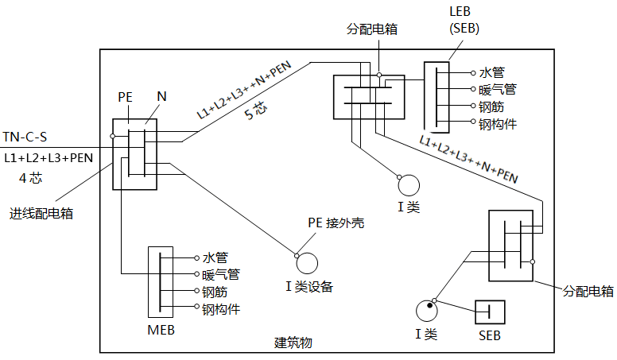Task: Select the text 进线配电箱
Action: click(x=41, y=213)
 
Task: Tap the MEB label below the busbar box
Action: click(x=161, y=329)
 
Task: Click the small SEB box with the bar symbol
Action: click(x=490, y=312)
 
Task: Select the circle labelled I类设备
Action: click(x=307, y=262)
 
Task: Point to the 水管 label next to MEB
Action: click(x=215, y=257)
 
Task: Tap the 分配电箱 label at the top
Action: click(x=372, y=29)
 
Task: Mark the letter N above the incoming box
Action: click(x=161, y=96)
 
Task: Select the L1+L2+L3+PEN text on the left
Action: click(x=49, y=157)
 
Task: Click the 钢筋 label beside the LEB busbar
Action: click(x=491, y=106)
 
